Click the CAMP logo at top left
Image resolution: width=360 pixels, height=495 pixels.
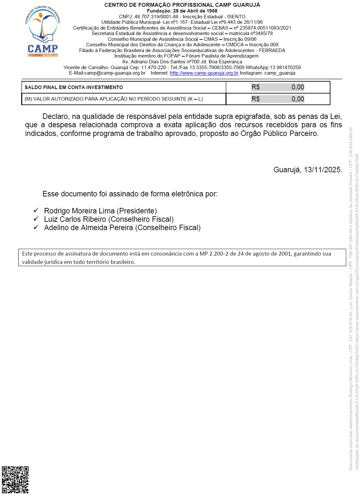tap(43, 32)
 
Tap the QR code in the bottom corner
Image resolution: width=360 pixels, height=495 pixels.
tap(15, 480)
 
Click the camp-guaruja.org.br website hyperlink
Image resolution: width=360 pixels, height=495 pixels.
tap(204, 73)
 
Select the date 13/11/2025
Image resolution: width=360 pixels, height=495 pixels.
tap(322, 170)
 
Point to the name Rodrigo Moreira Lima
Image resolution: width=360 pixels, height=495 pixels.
tap(79, 211)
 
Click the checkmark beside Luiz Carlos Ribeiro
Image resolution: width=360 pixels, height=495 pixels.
tap(36, 219)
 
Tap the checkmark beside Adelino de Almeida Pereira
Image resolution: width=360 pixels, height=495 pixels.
tap(36, 227)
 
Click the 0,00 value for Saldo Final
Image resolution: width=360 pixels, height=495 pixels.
tap(298, 87)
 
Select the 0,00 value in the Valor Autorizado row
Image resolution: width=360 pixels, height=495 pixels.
tap(298, 99)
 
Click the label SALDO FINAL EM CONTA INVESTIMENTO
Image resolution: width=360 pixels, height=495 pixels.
tap(74, 87)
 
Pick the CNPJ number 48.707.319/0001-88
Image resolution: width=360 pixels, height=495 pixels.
tap(156, 17)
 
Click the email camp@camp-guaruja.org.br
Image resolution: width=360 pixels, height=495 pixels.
tap(115, 73)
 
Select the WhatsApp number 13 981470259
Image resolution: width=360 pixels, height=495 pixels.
tap(285, 67)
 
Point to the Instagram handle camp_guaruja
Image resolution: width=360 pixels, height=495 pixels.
tap(280, 73)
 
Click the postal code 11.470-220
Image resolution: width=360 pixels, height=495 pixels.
tap(153, 67)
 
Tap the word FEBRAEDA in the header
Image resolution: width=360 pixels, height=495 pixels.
tap(272, 50)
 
